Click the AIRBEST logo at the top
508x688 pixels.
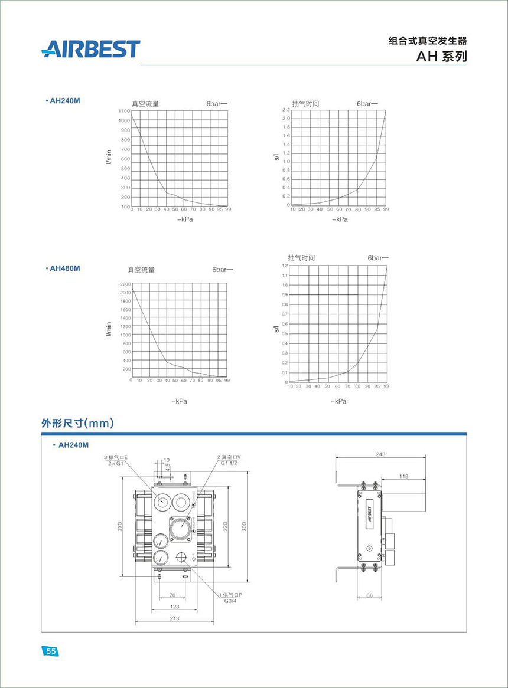[x=91, y=48]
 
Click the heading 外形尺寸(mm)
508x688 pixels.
[x=77, y=423]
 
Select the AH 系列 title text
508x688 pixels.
[x=441, y=57]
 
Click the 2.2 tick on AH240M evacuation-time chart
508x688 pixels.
[x=286, y=110]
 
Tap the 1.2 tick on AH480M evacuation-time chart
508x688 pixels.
[x=284, y=266]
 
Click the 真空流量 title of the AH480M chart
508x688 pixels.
[x=141, y=270]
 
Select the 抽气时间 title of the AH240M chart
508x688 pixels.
[x=305, y=103]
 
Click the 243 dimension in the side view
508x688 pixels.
[x=380, y=454]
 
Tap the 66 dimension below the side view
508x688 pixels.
[x=369, y=595]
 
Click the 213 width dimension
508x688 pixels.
[x=174, y=618]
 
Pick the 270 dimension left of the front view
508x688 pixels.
[x=119, y=527]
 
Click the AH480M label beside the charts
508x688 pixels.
[x=63, y=268]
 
